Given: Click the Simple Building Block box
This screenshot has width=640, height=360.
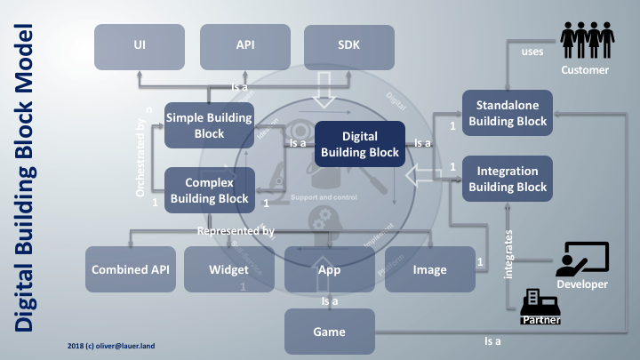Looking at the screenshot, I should [210, 125].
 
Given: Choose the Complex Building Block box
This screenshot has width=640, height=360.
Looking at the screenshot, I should [210, 189].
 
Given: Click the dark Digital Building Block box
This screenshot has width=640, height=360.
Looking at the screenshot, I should [360, 144].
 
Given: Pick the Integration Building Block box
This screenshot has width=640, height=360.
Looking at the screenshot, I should [506, 178].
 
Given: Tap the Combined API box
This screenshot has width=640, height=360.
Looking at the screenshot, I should [130, 269].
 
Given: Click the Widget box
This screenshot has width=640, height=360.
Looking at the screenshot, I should [228, 269].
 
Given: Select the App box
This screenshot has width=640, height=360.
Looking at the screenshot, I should [330, 269].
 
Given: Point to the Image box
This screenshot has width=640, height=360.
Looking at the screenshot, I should [429, 269].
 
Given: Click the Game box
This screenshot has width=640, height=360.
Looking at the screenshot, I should [330, 332].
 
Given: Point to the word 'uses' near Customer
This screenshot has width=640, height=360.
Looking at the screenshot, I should [532, 52].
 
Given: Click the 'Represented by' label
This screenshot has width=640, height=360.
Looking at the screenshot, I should [235, 231].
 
